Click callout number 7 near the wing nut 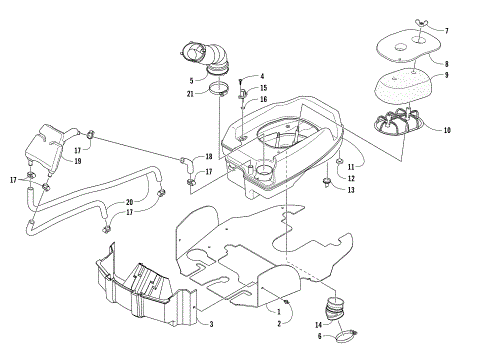pyautogui.click(x=447, y=31)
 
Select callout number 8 pyautogui.click(x=447, y=63)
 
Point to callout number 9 pyautogui.click(x=447, y=75)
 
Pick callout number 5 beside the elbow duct pyautogui.click(x=191, y=81)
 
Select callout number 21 pyautogui.click(x=191, y=94)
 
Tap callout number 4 pyautogui.click(x=262, y=76)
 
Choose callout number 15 pyautogui.click(x=263, y=88)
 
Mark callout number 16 pyautogui.click(x=263, y=99)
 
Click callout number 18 pyautogui.click(x=209, y=157)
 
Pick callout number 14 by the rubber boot pyautogui.click(x=318, y=324)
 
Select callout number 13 pyautogui.click(x=350, y=190)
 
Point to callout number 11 pyautogui.click(x=350, y=166)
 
